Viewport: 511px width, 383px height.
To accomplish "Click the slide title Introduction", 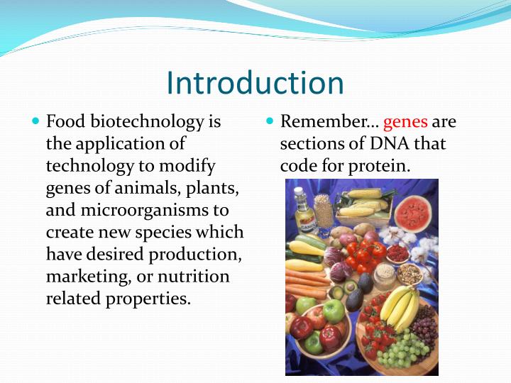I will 255,83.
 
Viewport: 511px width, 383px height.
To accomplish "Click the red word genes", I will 405,122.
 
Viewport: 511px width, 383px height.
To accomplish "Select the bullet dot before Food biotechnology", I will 36,122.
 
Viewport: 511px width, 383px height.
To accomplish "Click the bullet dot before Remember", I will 270,122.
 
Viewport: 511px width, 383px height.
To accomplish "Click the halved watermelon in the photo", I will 412,212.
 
